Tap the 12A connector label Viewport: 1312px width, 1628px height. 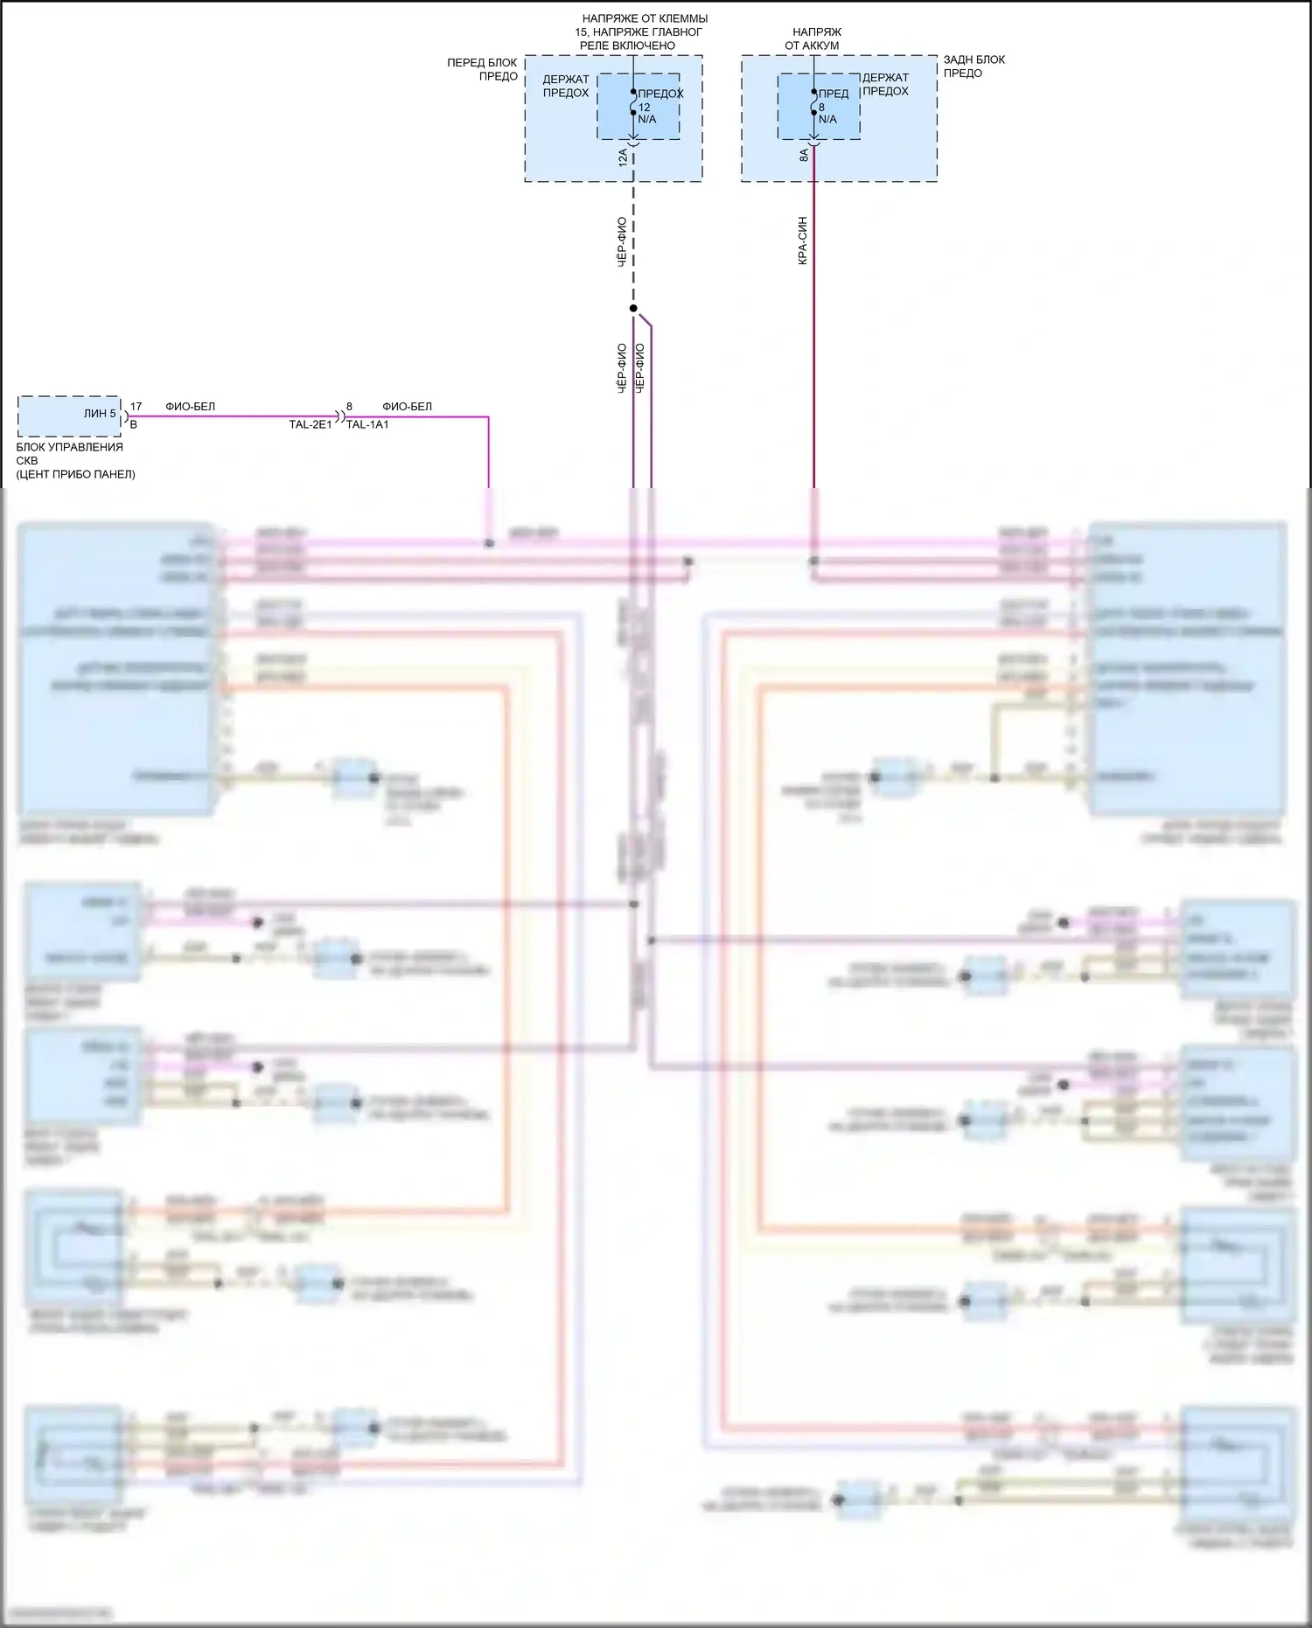tap(623, 158)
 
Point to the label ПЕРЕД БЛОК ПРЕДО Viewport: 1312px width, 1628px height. tap(483, 69)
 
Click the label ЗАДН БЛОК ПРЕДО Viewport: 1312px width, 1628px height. tap(974, 66)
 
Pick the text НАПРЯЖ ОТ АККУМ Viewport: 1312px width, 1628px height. tap(814, 38)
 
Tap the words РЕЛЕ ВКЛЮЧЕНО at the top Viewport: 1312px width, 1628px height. tap(627, 45)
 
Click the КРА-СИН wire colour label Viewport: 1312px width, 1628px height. tap(802, 241)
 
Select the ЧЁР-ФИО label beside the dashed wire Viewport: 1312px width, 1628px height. tap(622, 241)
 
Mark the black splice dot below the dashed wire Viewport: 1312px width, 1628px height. tap(633, 309)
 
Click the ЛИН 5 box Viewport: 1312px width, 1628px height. tap(70, 416)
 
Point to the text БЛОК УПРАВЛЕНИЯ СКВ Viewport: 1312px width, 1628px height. tap(69, 453)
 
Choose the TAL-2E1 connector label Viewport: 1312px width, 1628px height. tap(311, 425)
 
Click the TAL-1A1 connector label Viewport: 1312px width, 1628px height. tap(367, 425)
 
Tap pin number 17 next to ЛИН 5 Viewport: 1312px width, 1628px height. tap(136, 407)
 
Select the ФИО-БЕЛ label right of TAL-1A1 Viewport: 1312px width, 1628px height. tap(407, 407)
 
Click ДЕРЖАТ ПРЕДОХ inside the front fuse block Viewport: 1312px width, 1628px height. tap(566, 86)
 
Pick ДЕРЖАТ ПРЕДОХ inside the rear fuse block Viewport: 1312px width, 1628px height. tap(885, 84)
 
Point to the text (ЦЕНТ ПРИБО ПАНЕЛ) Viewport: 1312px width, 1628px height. tap(75, 474)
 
